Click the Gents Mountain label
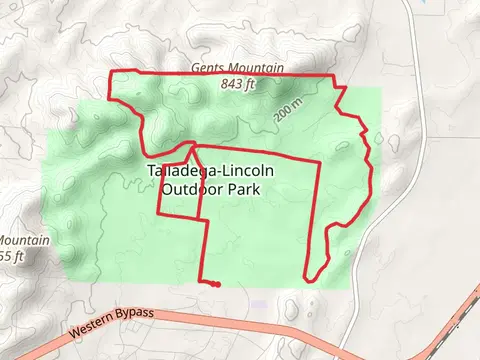(238, 68)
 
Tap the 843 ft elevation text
(238, 84)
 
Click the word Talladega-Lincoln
(210, 170)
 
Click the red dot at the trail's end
(217, 284)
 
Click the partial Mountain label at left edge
(17, 241)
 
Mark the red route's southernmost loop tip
(309, 278)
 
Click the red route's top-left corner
(109, 72)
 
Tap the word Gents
(207, 68)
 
